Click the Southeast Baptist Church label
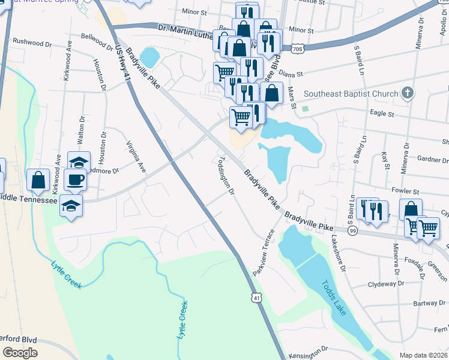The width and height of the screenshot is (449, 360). tap(351, 94)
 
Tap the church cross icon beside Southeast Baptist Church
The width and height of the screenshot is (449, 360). tap(408, 93)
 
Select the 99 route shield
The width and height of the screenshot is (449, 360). tap(352, 231)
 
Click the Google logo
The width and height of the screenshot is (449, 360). tap(20, 353)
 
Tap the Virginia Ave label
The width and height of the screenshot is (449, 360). tap(136, 157)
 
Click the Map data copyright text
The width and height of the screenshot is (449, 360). tap(423, 355)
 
